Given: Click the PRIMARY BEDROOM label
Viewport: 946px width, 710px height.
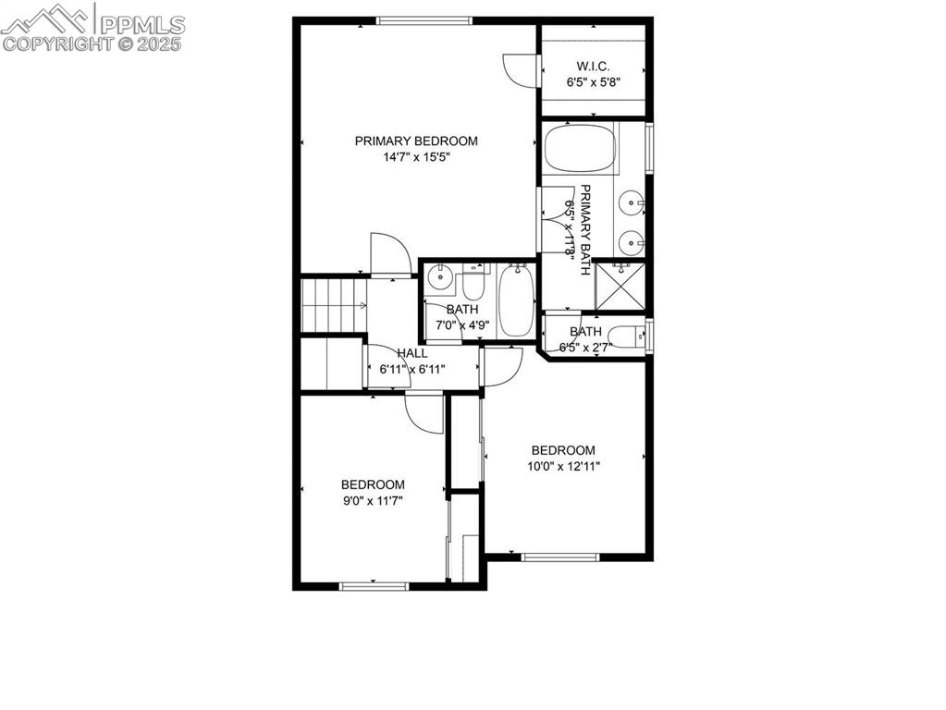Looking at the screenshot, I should (x=416, y=141).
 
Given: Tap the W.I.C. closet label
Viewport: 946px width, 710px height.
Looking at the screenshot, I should (x=593, y=66).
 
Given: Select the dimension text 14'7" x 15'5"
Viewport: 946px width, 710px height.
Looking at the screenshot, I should (x=416, y=157).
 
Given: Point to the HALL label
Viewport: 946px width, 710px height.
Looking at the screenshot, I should (x=412, y=353).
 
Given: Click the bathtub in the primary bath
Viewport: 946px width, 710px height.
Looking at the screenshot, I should (x=580, y=149).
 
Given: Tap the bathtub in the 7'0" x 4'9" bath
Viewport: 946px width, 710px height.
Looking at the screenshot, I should (x=516, y=300).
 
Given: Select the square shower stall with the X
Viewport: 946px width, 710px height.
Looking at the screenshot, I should (x=619, y=285).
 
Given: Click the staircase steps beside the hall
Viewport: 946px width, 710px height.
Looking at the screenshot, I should (x=329, y=305).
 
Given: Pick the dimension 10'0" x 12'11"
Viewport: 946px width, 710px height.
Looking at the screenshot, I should (x=563, y=466).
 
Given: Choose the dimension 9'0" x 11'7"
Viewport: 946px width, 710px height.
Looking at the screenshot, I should (x=373, y=500).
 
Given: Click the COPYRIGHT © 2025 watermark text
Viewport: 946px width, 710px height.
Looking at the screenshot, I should (x=92, y=43).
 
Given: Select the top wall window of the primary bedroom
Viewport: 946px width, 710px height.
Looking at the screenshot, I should (x=424, y=20).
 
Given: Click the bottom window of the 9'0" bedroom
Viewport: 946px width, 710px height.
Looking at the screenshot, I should (x=374, y=585).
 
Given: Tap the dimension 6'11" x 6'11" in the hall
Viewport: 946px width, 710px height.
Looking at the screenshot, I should (x=412, y=369).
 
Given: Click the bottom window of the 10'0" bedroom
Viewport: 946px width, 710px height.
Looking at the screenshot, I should (x=560, y=557).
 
